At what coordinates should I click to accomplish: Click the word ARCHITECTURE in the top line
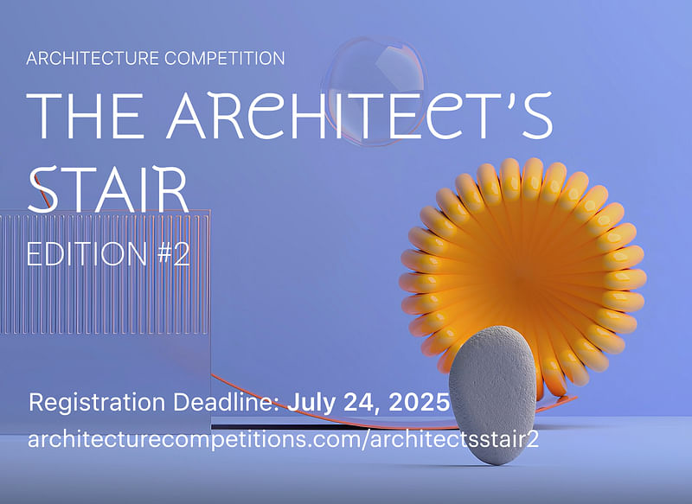[93, 58]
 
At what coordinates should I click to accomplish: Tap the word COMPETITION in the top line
[224, 58]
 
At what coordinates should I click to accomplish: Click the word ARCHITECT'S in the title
[360, 115]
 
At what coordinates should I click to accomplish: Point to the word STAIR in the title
[108, 189]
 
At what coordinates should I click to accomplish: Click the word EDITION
[86, 253]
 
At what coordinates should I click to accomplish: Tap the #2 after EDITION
[174, 253]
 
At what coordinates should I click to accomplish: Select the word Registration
[97, 403]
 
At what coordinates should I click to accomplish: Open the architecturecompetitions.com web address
[284, 440]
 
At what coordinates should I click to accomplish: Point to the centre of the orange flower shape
[522, 278]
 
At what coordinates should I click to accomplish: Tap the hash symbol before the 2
[165, 253]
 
